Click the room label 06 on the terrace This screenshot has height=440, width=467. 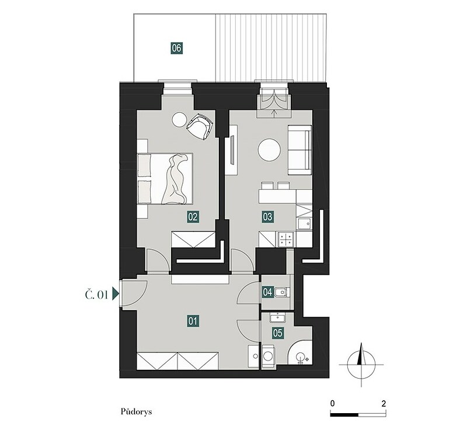tap(176, 48)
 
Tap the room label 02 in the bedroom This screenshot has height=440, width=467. tap(193, 217)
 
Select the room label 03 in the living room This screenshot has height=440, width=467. tap(267, 216)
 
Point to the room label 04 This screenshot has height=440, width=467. tap(267, 292)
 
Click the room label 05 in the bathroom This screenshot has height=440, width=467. tap(277, 332)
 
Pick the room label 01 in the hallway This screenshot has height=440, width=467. tap(193, 321)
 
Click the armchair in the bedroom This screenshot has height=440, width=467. tap(200, 126)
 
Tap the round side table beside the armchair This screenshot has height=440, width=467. tap(179, 120)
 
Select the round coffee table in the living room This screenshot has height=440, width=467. tap(269, 150)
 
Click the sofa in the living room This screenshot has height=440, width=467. tap(299, 150)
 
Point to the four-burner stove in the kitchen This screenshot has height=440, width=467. tap(286, 239)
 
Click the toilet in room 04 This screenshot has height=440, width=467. tap(281, 292)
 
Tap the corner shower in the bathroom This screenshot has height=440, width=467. tap(301, 355)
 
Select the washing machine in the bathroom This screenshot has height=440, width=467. tap(269, 356)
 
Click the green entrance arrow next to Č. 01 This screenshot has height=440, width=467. tap(116, 294)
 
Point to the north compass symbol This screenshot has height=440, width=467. tap(361, 364)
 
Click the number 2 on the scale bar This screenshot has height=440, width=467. tap(384, 404)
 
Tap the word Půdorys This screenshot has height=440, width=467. tap(136, 412)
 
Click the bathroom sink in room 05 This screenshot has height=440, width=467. tap(278, 317)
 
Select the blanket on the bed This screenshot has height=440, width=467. tap(176, 179)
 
